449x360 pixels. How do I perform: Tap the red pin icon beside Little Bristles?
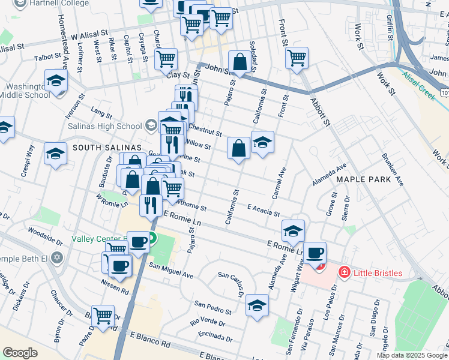tap(345, 273)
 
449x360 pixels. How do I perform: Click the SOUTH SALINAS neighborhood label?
tap(106, 148)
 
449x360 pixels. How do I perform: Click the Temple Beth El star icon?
tap(57, 257)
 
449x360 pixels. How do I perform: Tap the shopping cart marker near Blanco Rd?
tap(103, 315)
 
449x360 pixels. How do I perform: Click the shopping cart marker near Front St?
tap(297, 58)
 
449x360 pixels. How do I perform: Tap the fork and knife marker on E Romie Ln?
tap(149, 205)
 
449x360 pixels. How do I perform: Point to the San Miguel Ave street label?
tap(171, 271)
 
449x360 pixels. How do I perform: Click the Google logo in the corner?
tap(20, 353)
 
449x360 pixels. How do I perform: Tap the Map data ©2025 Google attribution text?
tap(411, 355)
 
